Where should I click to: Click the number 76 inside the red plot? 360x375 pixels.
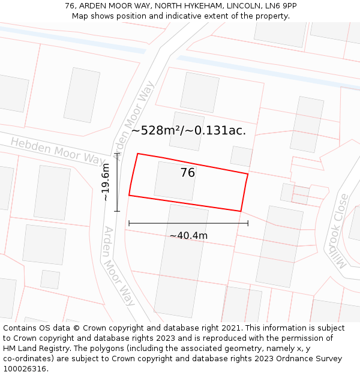188,173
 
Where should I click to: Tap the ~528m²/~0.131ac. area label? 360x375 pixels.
188,130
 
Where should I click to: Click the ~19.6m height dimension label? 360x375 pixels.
106,182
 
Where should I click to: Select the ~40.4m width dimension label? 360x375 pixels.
188,236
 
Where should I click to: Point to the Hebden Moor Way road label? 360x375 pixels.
57,151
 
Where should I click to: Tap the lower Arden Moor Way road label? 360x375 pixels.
119,266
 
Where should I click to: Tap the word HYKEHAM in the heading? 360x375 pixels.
202,6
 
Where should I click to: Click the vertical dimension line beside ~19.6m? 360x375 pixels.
118,182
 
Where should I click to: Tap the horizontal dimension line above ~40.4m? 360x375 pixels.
188,223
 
